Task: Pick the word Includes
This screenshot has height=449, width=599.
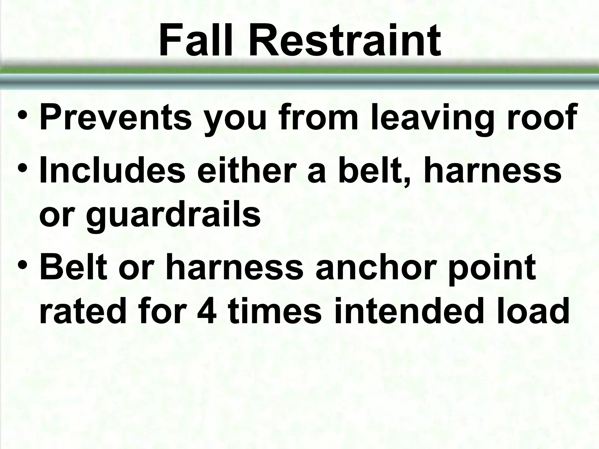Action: click(112, 170)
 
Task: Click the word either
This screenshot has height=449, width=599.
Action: click(246, 170)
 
